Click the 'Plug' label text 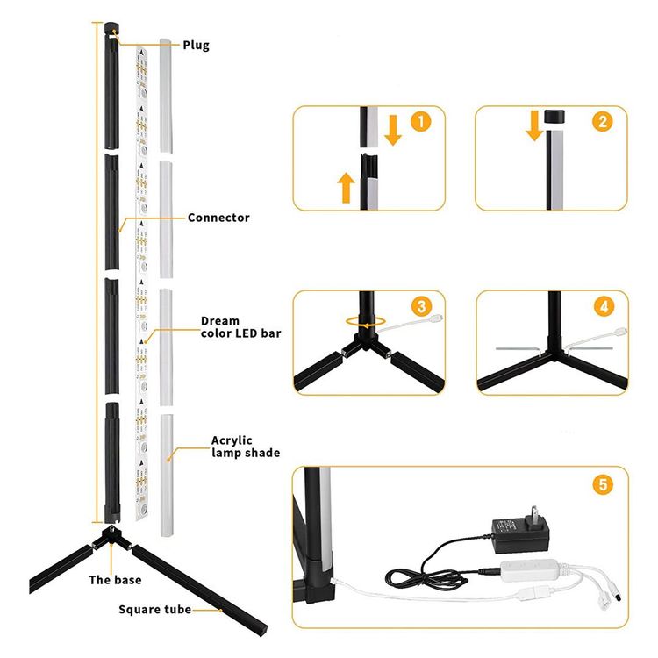pyautogui.click(x=196, y=46)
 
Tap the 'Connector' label pyautogui.click(x=218, y=218)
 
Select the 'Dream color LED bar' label pyautogui.click(x=241, y=327)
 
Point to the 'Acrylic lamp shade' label pyautogui.click(x=246, y=447)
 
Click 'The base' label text pyautogui.click(x=115, y=580)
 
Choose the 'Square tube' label pyautogui.click(x=154, y=610)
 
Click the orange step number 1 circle pyautogui.click(x=420, y=122)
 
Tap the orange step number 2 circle pyautogui.click(x=603, y=122)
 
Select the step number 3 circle pyautogui.click(x=422, y=306)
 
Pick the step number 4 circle pyautogui.click(x=604, y=306)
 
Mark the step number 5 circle pyautogui.click(x=603, y=484)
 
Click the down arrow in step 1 pyautogui.click(x=393, y=130)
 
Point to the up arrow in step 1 pyautogui.click(x=347, y=187)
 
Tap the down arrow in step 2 pyautogui.click(x=534, y=125)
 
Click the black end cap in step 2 pyautogui.click(x=554, y=116)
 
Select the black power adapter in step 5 pyautogui.click(x=520, y=532)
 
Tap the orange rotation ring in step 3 pyautogui.click(x=366, y=322)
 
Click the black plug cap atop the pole pyautogui.click(x=111, y=29)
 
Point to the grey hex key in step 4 pyautogui.click(x=517, y=350)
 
